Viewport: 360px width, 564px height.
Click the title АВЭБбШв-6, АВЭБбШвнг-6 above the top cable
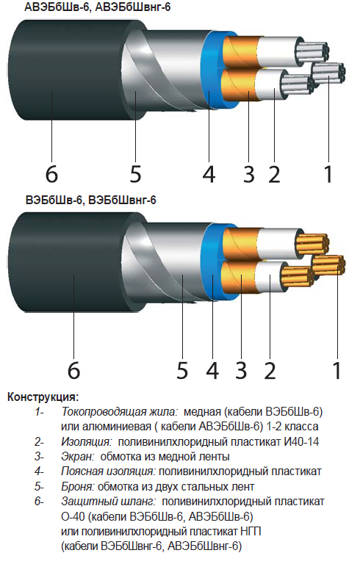[97, 7]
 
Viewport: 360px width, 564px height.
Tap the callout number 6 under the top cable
[51, 174]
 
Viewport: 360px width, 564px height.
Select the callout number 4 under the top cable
[209, 174]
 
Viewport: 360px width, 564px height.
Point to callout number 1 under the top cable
[328, 174]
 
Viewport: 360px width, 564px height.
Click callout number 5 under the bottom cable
[182, 370]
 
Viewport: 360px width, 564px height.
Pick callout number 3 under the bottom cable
[241, 370]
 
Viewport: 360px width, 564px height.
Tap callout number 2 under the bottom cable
[270, 370]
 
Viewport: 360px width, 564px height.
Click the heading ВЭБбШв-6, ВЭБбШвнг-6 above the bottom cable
[90, 200]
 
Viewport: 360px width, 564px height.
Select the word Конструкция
[43, 397]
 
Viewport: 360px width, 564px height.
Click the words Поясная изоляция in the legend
[108, 471]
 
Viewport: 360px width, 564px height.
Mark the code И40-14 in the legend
[301, 441]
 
